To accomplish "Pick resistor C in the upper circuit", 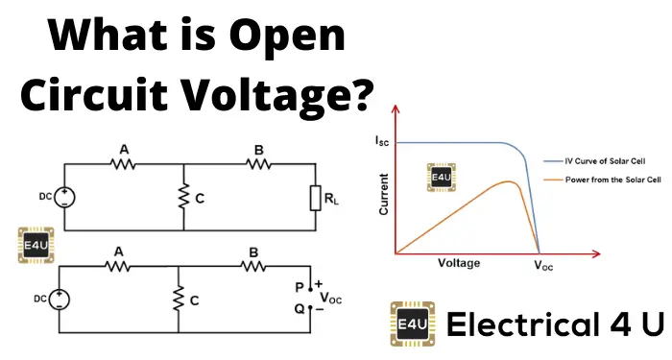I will [182, 197].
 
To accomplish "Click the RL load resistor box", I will [315, 198].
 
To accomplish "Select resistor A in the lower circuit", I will [118, 267].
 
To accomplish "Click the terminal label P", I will [300, 286].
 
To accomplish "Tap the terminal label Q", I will [300, 309].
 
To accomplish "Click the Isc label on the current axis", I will [381, 141].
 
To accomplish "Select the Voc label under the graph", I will [543, 268].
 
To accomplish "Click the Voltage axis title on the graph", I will [460, 262].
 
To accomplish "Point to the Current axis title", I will [383, 194].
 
